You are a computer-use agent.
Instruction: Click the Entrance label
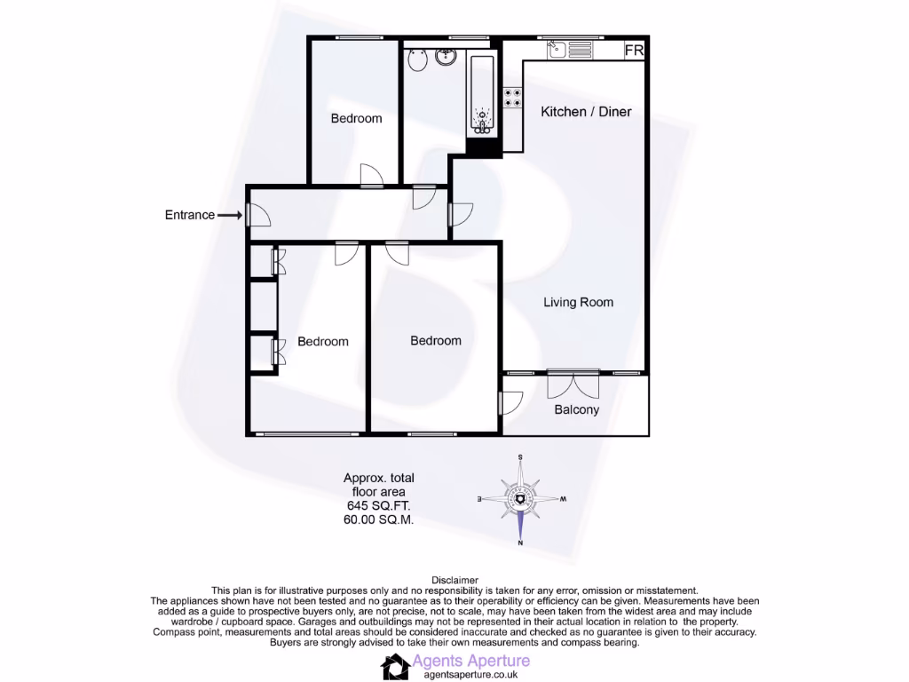point(190,215)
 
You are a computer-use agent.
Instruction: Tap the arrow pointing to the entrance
point(230,215)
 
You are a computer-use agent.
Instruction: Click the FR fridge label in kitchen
point(634,51)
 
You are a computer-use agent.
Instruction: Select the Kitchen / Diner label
point(587,112)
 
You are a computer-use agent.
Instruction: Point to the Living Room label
point(578,303)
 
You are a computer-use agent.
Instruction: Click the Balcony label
point(576,410)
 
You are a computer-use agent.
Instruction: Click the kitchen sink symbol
point(557,50)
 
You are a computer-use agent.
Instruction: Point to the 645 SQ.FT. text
point(378,505)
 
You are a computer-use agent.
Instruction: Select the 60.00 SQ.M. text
point(378,519)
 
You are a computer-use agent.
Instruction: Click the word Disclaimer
point(454,580)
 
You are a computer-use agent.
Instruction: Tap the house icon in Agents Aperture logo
point(395,666)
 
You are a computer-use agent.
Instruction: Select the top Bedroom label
point(356,119)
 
